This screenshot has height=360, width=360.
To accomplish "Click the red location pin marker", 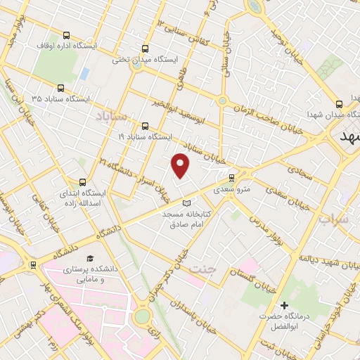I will coord(181,165).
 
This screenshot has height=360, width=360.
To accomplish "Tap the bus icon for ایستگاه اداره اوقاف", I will coord(66,35).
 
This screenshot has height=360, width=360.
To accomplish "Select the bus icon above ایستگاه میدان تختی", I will coord(145,49).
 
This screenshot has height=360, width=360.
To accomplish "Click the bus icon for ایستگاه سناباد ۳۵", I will coord(61,89).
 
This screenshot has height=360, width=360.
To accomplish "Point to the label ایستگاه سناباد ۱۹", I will coord(150,136).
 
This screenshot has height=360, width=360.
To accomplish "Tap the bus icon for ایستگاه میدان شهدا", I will coord(340,101).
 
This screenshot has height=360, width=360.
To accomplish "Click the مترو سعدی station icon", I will coord(232,177).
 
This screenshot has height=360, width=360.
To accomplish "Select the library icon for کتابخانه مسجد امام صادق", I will coord(186,203).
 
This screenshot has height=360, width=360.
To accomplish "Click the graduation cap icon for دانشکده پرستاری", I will coord(90,259).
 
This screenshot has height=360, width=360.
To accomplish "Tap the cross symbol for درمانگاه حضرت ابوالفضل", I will coord(284,305).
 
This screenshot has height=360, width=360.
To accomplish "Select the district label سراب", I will coord(335,219).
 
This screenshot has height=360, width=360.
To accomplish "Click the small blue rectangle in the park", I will coord(84,73).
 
